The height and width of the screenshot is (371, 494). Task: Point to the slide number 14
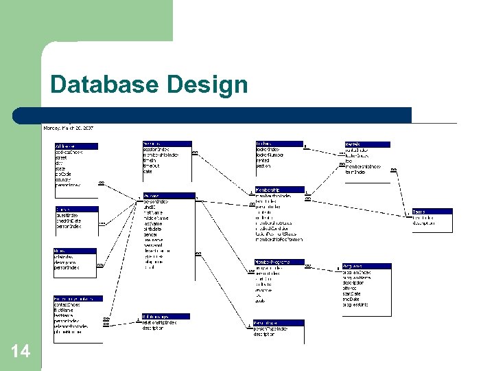click(x=21, y=351)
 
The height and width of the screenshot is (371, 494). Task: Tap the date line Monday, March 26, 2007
click(x=69, y=128)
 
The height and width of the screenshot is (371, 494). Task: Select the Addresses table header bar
click(x=76, y=146)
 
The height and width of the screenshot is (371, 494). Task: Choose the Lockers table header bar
click(x=279, y=144)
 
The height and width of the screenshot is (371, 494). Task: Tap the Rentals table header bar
click(x=366, y=144)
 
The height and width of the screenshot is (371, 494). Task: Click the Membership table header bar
click(x=279, y=190)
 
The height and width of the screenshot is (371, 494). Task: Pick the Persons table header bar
click(x=169, y=196)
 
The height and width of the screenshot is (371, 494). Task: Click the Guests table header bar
click(x=76, y=208)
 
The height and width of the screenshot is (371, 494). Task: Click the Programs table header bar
click(x=366, y=266)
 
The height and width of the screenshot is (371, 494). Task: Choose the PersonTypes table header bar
click(x=279, y=322)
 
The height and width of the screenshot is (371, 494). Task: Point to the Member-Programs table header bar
click(x=279, y=262)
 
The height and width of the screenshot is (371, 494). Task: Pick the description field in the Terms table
click(x=428, y=223)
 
